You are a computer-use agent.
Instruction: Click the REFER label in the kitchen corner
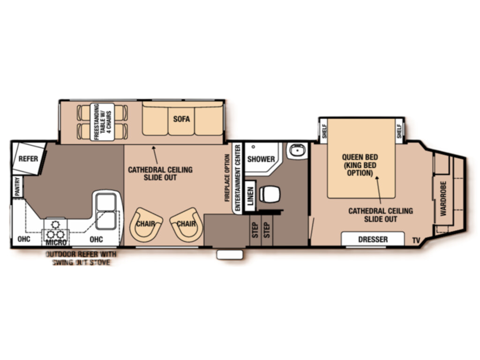[28, 159]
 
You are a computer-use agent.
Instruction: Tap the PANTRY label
[17, 187]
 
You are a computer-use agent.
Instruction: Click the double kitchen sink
[106, 211]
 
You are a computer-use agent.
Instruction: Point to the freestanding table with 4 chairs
[103, 122]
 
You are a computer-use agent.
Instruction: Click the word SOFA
[181, 119]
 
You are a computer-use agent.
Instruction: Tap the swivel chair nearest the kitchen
[146, 225]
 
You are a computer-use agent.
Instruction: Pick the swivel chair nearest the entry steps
[187, 225]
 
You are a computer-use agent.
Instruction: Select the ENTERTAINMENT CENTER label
[238, 178]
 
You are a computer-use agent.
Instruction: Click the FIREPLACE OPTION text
[227, 178]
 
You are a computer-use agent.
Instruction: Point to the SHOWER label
[261, 159]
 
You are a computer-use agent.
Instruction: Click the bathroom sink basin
[297, 150]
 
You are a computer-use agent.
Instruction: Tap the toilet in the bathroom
[270, 194]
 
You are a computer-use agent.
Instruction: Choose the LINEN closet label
[250, 196]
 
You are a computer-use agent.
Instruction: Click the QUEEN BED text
[360, 157]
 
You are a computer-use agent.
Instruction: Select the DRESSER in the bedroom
[373, 239]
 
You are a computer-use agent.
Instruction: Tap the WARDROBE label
[443, 199]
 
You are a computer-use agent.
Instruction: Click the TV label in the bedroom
[416, 240]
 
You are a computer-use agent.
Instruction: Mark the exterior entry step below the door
[230, 255]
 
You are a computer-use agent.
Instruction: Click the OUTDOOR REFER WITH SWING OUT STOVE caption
[81, 258]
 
